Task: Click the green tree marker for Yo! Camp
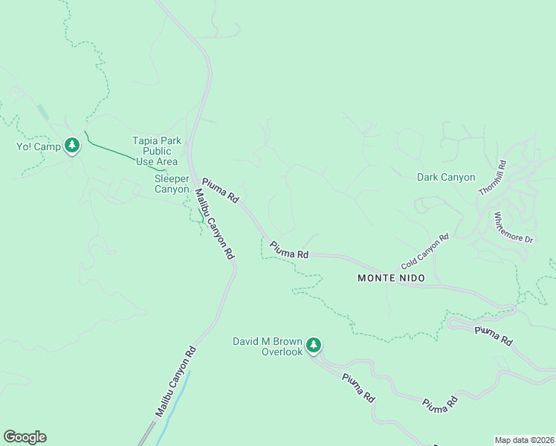point(72,145)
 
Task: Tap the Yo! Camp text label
point(37,146)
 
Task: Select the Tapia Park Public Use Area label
point(155,151)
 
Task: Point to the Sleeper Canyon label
point(172,184)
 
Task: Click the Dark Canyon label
point(446,177)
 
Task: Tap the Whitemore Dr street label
point(514,228)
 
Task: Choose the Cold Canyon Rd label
point(425,252)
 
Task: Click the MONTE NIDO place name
point(391,278)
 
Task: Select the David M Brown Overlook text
point(268,346)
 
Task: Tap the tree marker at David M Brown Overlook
point(314,345)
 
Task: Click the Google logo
point(25,437)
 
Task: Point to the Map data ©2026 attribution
point(524,439)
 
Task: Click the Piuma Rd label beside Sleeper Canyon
point(220,191)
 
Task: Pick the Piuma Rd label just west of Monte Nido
point(289,250)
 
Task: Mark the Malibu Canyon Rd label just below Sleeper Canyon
point(215,224)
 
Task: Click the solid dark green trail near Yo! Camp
point(111,150)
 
